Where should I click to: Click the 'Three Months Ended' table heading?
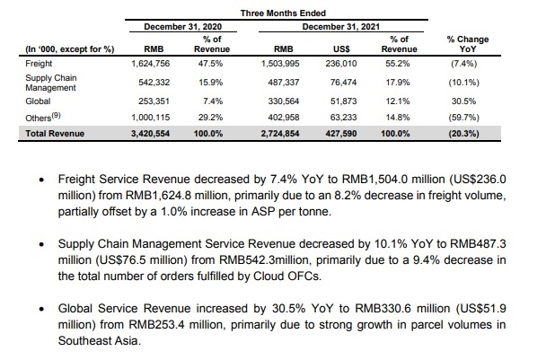[x=283, y=13]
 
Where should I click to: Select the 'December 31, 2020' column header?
[x=182, y=27]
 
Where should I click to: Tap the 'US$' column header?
[x=341, y=48]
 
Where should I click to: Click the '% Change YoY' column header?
[x=468, y=44]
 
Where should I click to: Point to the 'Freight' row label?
[x=39, y=64]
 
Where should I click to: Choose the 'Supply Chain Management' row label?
[x=50, y=83]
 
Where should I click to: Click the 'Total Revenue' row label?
[x=55, y=134]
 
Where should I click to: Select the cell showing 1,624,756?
[x=151, y=64]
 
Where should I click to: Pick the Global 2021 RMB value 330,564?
[x=284, y=101]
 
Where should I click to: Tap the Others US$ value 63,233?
[x=343, y=118]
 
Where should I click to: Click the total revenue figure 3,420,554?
[x=151, y=134]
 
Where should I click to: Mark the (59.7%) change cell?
[x=463, y=118]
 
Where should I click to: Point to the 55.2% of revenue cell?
[x=398, y=64]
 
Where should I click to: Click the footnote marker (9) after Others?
[x=57, y=115]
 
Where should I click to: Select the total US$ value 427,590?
[x=341, y=134]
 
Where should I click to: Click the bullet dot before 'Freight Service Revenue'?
[x=42, y=180]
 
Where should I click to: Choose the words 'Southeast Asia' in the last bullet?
[x=99, y=340]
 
